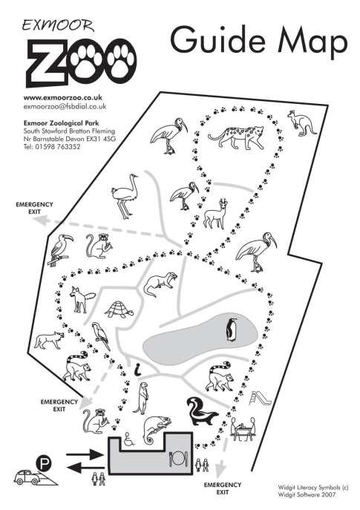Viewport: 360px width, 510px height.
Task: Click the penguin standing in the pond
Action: point(232,330)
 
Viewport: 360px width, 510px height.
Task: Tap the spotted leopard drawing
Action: point(235,137)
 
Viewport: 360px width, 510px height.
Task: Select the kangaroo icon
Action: point(301,123)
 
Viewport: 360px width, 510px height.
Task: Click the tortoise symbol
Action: point(120,310)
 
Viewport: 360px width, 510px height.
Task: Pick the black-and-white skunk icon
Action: point(202,411)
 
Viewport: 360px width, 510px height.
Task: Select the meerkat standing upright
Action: point(143,398)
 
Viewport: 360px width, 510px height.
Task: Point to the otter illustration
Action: point(160,284)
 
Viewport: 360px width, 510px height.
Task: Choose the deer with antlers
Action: point(215,214)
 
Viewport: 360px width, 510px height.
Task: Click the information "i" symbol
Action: point(138,369)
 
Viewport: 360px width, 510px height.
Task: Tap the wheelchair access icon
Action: point(130,438)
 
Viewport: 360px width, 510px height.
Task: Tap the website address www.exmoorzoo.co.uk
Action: point(63,97)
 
